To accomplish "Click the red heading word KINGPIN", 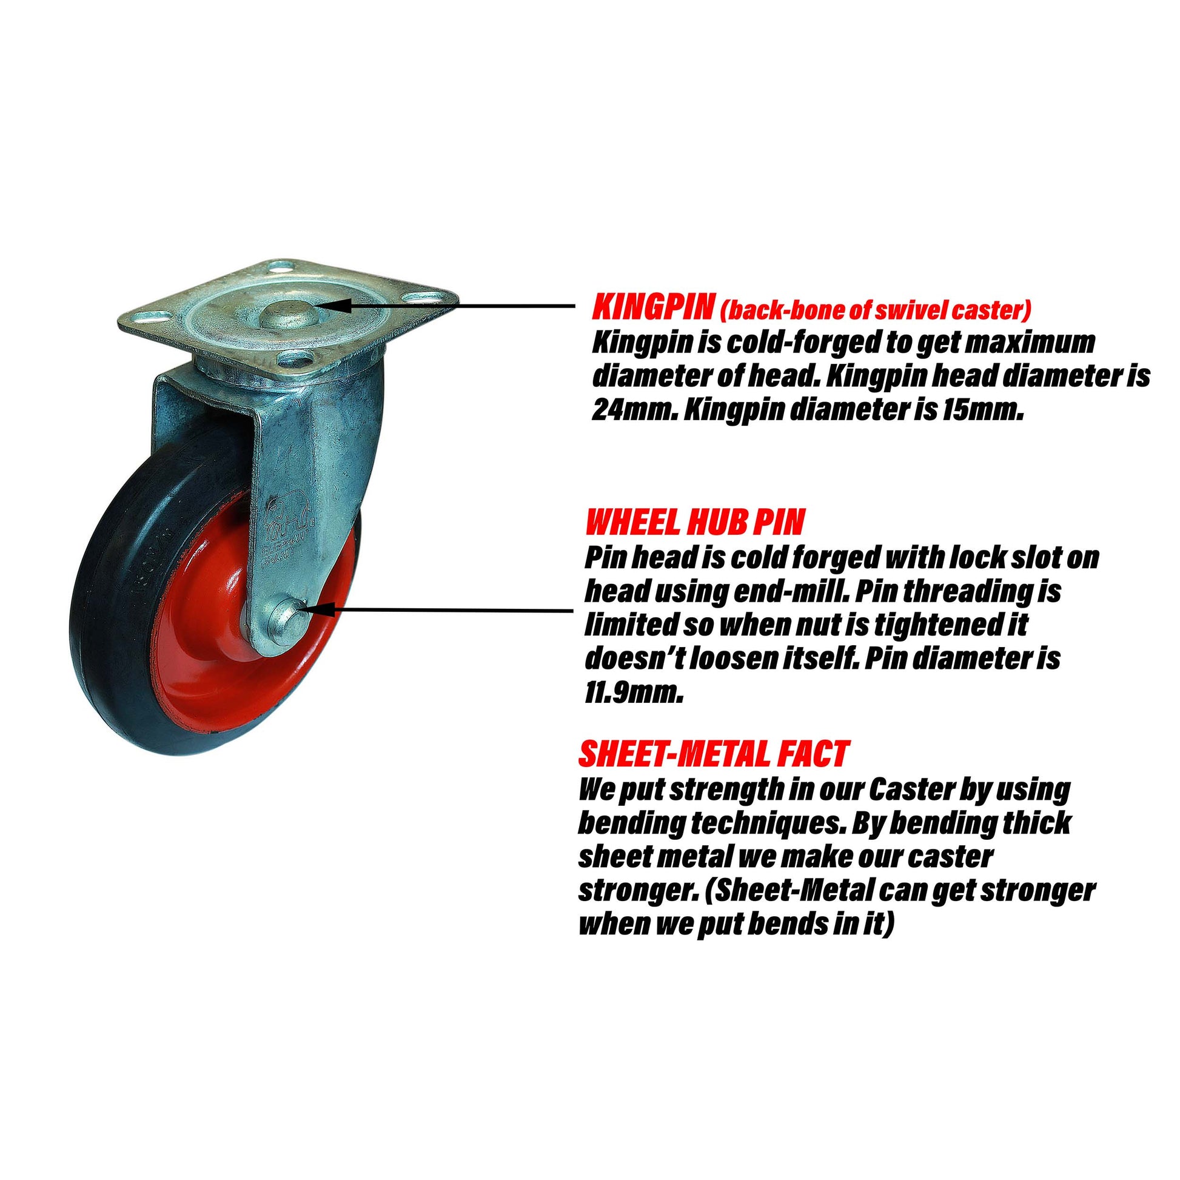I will click(652, 309).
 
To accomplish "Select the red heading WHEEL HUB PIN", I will click(694, 523).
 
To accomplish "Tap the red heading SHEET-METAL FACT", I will click(713, 754).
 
